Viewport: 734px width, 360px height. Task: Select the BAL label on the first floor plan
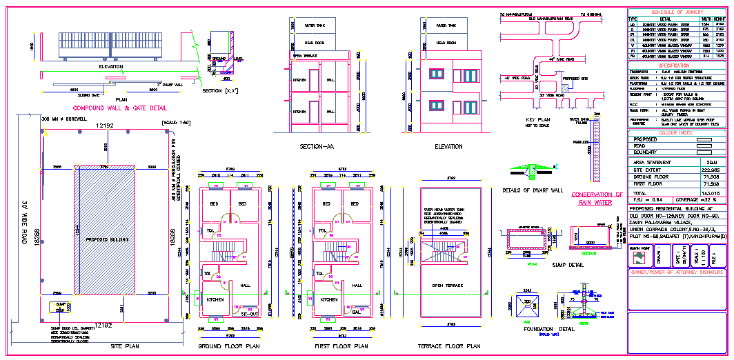coord(357,312)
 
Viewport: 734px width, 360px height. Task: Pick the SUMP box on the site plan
coord(60,305)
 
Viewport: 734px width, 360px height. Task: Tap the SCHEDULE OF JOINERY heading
coord(677,12)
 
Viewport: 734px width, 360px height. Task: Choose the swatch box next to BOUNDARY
coord(704,152)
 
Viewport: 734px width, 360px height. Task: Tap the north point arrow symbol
coord(639,256)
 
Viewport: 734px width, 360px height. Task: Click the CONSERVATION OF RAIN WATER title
coord(597,199)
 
